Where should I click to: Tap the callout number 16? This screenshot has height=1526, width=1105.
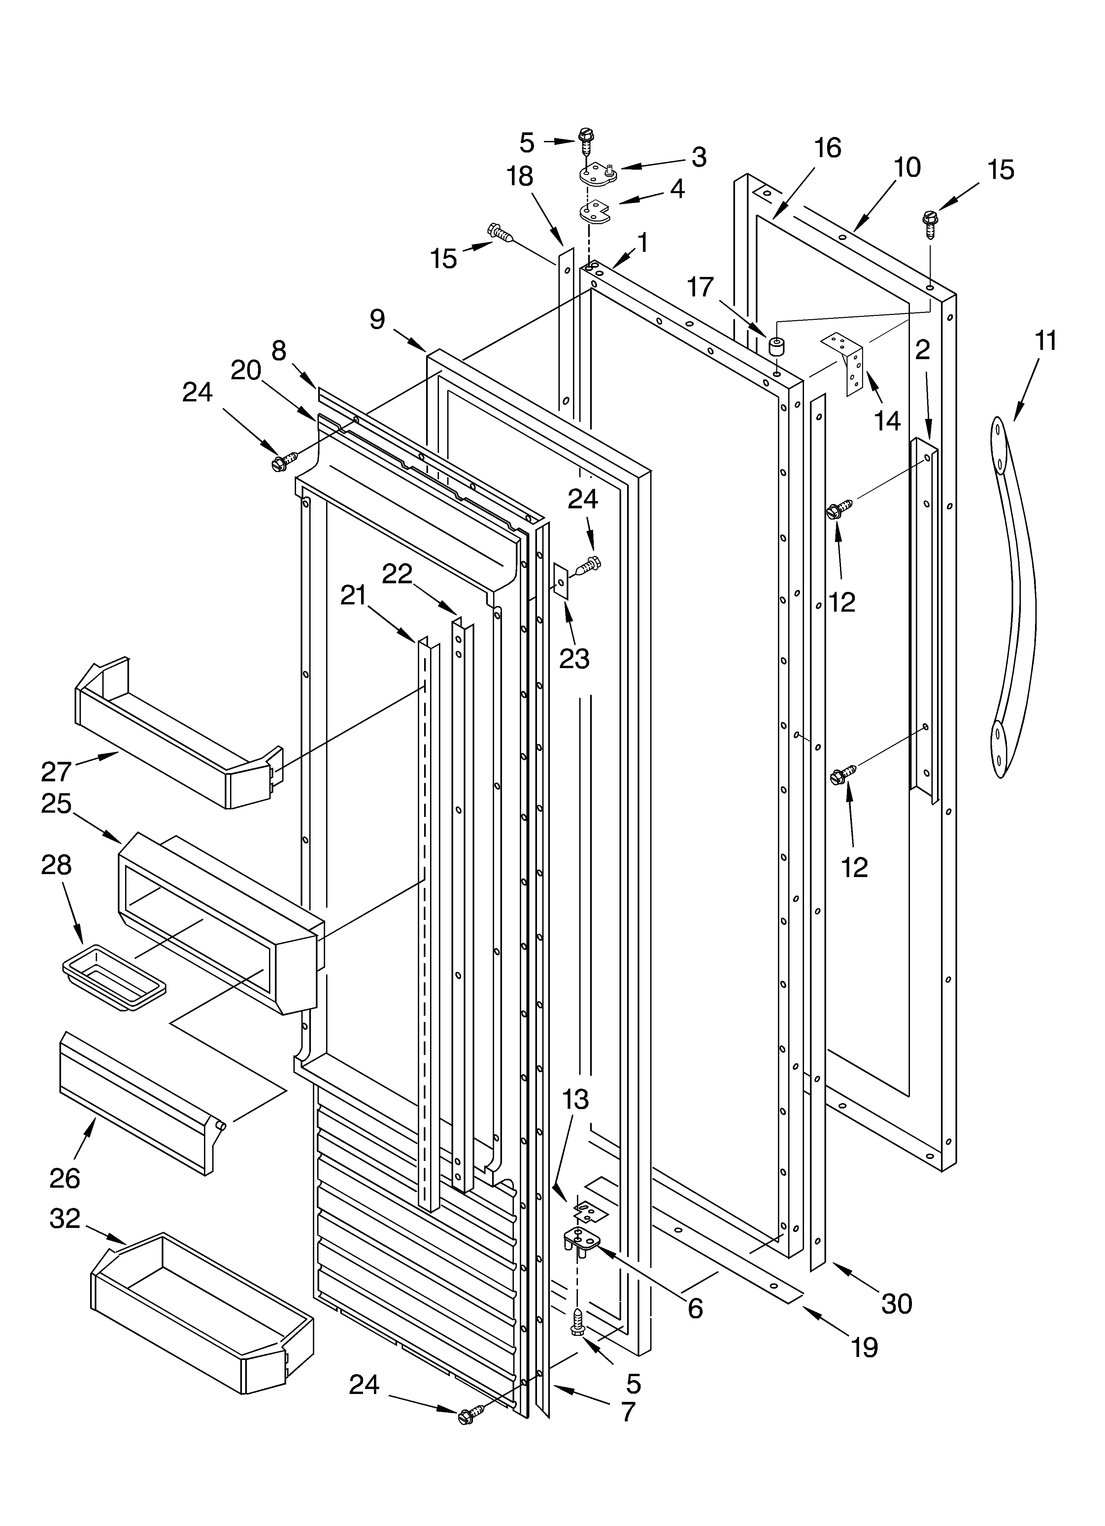(x=827, y=148)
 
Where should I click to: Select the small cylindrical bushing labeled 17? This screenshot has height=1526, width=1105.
(x=778, y=347)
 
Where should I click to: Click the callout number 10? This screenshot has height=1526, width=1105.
(x=908, y=167)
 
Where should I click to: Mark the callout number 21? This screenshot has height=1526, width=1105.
(x=353, y=595)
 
